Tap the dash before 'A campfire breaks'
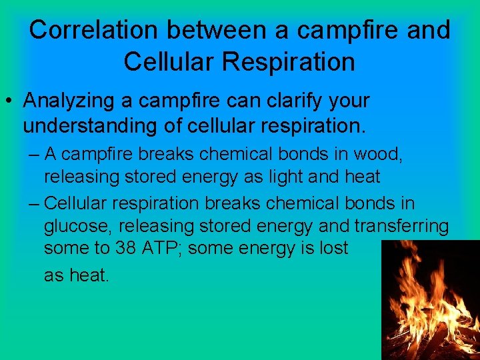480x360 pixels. (x=35, y=155)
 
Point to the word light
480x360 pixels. (x=291, y=177)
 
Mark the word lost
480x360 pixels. (x=333, y=249)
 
